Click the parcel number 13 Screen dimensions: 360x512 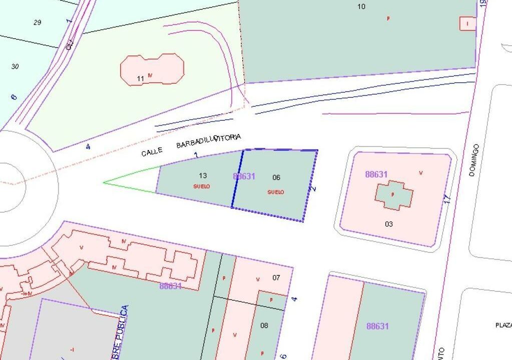[203, 175]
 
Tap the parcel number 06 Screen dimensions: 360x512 [276, 177]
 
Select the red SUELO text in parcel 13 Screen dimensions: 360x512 [202, 186]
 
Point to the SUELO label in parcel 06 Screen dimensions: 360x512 [276, 192]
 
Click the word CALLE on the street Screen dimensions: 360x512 [152, 151]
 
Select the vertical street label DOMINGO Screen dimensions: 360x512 [474, 160]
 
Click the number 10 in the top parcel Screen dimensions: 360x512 [361, 6]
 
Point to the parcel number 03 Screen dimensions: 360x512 [389, 224]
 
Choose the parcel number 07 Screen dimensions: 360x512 [276, 277]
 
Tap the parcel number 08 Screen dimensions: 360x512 [264, 325]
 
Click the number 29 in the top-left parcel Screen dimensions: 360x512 [37, 22]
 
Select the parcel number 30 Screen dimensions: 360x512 [15, 66]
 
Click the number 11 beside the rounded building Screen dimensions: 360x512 [140, 78]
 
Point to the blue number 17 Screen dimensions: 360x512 [448, 198]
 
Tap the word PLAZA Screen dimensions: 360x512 [503, 325]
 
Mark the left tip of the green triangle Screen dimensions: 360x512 [104, 182]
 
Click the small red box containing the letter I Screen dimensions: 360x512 [468, 23]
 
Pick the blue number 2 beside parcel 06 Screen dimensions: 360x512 [314, 189]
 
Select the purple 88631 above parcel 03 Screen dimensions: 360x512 [376, 174]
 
